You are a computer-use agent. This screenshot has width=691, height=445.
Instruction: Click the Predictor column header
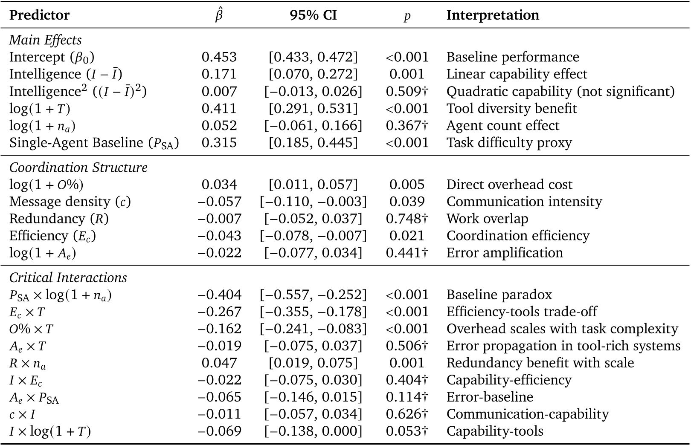(39, 15)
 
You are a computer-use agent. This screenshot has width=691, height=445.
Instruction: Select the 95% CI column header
(313, 15)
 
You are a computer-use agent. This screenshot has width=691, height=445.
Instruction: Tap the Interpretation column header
(493, 15)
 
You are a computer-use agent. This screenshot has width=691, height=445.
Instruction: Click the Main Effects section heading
(45, 40)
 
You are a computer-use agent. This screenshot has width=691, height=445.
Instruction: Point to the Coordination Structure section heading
(78, 168)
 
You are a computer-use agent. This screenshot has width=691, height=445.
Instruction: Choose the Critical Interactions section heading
(68, 278)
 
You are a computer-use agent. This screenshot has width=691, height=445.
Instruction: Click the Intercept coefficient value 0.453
(219, 57)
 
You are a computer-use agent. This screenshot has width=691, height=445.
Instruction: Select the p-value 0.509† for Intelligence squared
(406, 91)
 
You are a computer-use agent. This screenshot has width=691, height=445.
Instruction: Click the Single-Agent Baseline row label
(94, 143)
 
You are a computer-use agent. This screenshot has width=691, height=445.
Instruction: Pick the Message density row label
(70, 202)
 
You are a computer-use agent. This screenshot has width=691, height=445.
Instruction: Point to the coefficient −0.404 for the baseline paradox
(219, 295)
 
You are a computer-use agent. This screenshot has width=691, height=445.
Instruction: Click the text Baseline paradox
(499, 295)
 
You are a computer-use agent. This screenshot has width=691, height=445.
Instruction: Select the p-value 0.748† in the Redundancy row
(406, 219)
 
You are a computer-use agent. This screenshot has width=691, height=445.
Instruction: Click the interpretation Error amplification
(505, 253)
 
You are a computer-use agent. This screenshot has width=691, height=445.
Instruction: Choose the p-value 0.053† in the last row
(406, 431)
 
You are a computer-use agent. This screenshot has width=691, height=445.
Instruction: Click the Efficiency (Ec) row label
(52, 236)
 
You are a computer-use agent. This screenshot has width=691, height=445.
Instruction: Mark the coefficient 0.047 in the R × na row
(219, 363)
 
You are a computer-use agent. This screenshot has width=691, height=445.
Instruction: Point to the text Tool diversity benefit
(511, 109)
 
